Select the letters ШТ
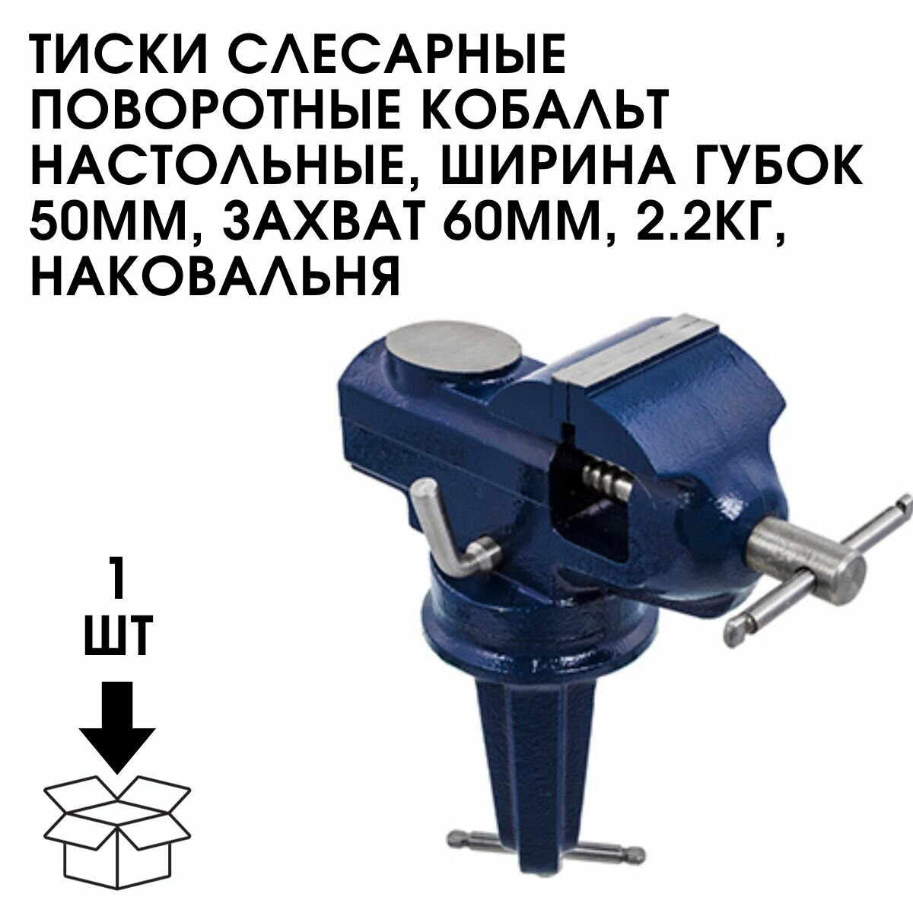coord(118,637)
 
